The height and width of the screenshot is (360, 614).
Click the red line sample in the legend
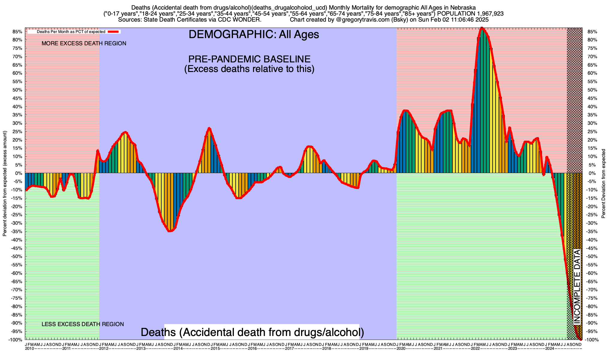(114, 31)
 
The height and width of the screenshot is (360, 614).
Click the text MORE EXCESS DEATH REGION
(84, 43)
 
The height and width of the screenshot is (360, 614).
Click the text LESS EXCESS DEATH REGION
(82, 324)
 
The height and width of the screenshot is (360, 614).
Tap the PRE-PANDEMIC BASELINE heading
(249, 59)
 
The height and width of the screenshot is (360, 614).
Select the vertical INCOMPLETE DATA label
(577, 286)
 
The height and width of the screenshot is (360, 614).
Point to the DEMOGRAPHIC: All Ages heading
(254, 34)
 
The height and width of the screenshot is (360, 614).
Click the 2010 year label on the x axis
(29, 349)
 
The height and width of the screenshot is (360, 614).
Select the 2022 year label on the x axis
(475, 349)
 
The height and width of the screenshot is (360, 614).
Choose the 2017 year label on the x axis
(289, 349)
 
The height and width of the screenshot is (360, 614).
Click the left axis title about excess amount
(5, 184)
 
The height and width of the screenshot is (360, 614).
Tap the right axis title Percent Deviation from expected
(604, 184)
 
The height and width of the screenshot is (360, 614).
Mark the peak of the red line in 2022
(481, 28)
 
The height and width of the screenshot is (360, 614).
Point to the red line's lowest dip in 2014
(170, 231)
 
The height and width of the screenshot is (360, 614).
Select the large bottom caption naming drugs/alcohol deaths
(252, 332)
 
